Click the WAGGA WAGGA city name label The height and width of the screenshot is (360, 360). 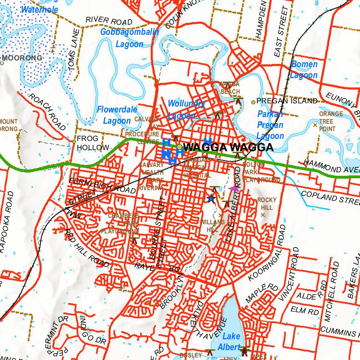coord(228,147)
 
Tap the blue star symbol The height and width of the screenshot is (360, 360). coord(211,199)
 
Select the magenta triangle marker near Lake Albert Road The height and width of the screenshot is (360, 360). coord(234,189)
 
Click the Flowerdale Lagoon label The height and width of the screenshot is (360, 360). coord(117,115)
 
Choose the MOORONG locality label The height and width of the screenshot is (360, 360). coord(22,58)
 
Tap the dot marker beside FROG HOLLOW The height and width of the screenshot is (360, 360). coord(74,141)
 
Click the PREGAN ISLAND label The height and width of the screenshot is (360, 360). coord(287,101)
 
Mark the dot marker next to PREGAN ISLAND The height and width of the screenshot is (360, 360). coord(253,102)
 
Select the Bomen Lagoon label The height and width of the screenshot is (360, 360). coord(304,70)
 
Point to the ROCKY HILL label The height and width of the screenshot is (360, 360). coord(267,204)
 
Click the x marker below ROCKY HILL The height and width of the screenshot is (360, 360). coord(263,214)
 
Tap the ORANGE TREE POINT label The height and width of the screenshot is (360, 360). coord(330,121)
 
